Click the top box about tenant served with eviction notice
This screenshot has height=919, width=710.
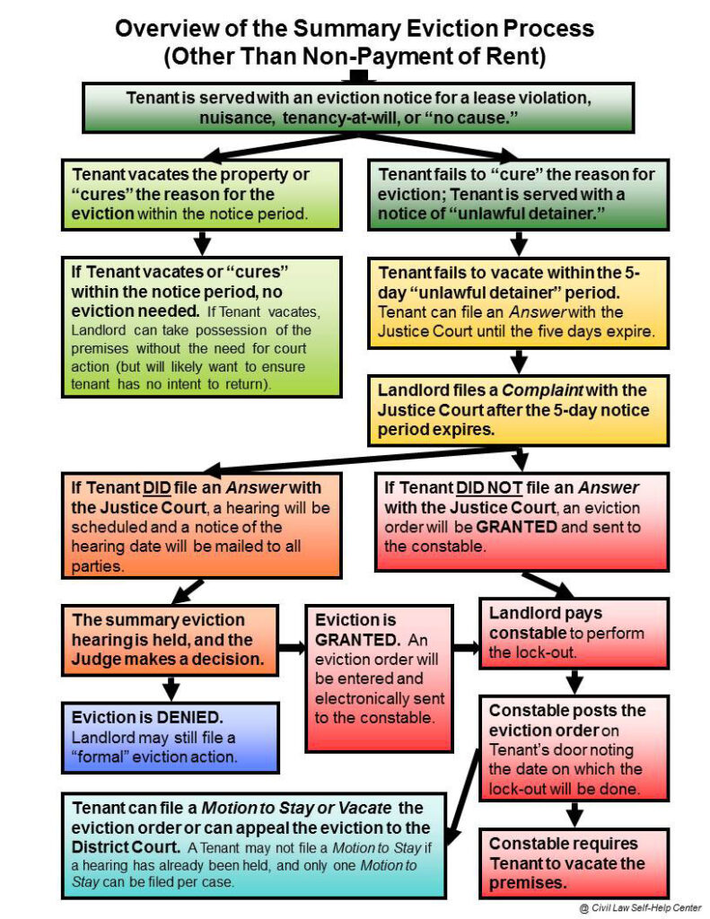click(x=359, y=108)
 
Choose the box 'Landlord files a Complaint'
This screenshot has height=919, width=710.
click(x=520, y=410)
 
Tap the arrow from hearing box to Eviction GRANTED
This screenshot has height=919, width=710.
click(x=290, y=647)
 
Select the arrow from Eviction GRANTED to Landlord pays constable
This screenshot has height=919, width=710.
click(x=465, y=647)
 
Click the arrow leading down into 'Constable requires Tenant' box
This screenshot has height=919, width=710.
click(x=575, y=813)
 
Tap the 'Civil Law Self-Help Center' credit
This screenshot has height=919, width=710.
click(x=638, y=907)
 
